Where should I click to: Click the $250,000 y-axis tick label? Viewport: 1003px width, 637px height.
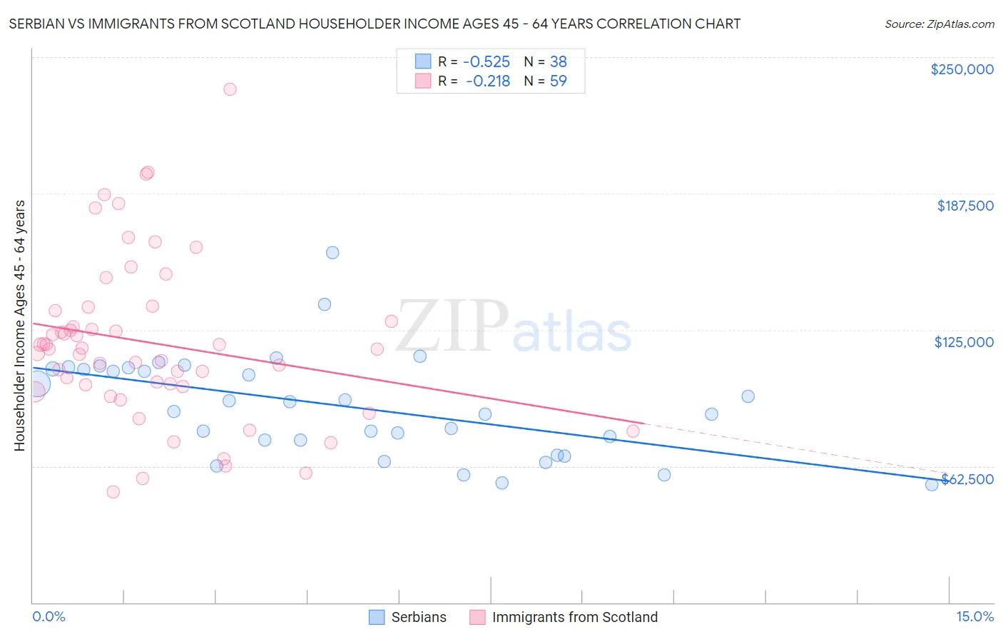pos(962,69)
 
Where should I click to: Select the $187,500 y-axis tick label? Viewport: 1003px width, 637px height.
pos(964,206)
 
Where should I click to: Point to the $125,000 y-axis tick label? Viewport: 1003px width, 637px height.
pos(964,342)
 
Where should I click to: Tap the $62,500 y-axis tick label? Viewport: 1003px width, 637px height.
pos(967,479)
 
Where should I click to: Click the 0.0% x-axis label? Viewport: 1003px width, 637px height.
pos(49,616)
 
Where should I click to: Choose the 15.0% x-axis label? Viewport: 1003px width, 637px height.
pos(974,616)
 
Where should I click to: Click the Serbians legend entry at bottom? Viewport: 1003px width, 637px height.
pos(408,617)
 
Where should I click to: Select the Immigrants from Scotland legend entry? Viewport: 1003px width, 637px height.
pos(564,617)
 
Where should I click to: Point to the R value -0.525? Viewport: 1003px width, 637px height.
pos(487,61)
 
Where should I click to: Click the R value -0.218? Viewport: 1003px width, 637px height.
pos(488,81)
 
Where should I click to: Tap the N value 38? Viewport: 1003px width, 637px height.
pos(558,61)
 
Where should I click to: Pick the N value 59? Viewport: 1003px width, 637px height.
pos(558,81)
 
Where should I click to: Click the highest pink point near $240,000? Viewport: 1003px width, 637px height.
pos(230,89)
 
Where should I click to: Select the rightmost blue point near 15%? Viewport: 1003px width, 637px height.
pos(932,484)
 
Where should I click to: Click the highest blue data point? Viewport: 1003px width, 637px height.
pos(332,252)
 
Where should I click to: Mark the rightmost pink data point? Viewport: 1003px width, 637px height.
pos(633,431)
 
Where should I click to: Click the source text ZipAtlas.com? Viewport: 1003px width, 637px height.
pos(939,24)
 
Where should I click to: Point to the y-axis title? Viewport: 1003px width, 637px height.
pos(19,325)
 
